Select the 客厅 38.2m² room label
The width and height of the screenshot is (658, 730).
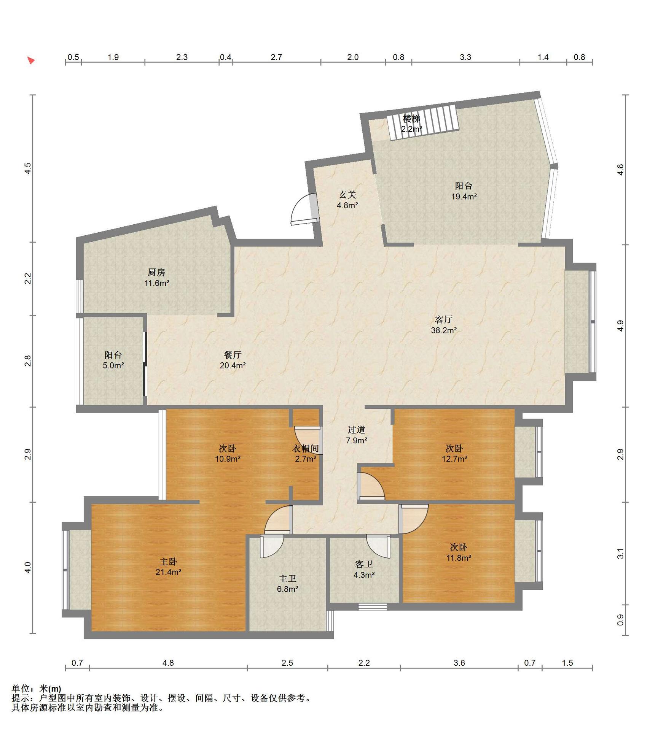click(x=444, y=325)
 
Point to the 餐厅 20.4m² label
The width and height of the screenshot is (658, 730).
click(x=233, y=360)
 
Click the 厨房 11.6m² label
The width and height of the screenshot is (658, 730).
click(x=156, y=278)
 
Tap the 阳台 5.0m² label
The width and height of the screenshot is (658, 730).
click(x=113, y=360)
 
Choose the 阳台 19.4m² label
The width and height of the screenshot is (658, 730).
click(x=464, y=191)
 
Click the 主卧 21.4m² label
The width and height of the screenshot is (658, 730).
click(x=168, y=567)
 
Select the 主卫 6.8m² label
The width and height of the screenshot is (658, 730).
click(x=287, y=584)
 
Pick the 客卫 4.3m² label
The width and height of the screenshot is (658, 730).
click(x=364, y=570)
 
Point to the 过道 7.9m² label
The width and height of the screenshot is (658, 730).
click(x=356, y=435)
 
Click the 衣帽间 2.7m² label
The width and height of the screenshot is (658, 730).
click(x=305, y=453)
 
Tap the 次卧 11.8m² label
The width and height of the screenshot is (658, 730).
click(x=459, y=552)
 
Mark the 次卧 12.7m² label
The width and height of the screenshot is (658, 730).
click(x=454, y=453)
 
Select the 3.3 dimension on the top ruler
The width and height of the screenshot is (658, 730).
click(x=465, y=57)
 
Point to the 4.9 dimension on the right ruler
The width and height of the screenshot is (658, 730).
click(x=620, y=326)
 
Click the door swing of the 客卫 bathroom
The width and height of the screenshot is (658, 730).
click(x=378, y=546)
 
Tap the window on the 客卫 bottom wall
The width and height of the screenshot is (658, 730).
click(x=373, y=607)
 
